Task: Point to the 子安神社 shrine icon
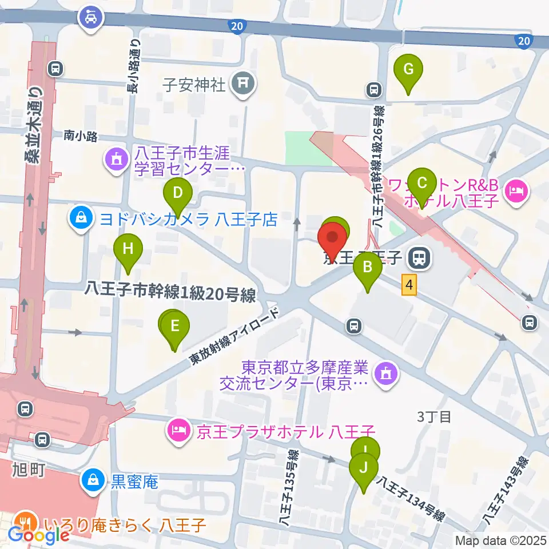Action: [244, 85]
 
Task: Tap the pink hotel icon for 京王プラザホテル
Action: [178, 429]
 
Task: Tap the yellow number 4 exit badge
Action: [408, 284]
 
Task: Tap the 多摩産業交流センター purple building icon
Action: [383, 375]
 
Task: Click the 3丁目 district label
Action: [434, 416]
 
